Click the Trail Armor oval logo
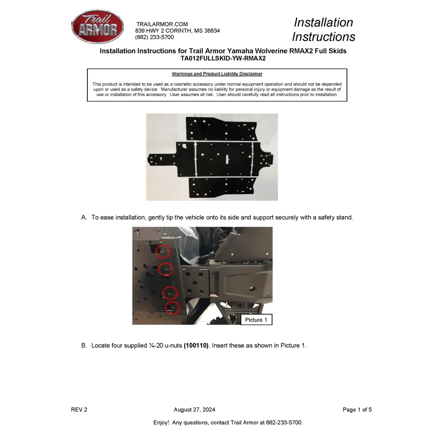(97, 28)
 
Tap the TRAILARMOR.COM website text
(162, 24)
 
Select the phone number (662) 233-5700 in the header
(154, 37)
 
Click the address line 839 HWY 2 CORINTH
(178, 31)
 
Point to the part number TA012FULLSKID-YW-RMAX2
(223, 58)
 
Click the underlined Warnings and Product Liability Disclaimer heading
(217, 74)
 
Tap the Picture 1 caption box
(256, 320)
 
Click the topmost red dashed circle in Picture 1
(163, 251)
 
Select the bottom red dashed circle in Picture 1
(173, 308)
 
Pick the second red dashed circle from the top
(166, 269)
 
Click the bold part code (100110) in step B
(196, 346)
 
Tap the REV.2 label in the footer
(79, 410)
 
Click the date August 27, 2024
(194, 410)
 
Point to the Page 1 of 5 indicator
(357, 410)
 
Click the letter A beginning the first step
(83, 218)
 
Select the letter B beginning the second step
(83, 346)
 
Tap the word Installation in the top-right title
(323, 22)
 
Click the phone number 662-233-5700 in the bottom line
(284, 422)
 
